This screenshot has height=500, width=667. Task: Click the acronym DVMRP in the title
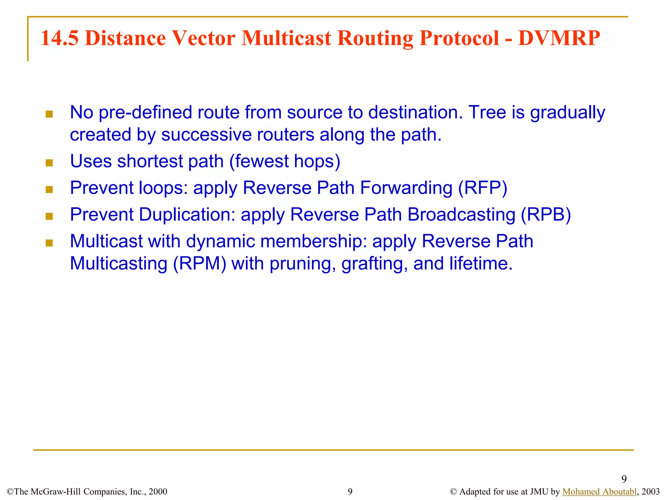tap(559, 38)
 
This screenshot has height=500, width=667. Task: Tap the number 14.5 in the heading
tap(60, 38)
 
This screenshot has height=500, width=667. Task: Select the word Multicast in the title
tap(286, 38)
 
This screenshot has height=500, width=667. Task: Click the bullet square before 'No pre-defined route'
tap(49, 114)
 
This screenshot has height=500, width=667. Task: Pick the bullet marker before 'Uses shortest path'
tap(49, 163)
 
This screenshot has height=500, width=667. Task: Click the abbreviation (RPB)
tap(546, 215)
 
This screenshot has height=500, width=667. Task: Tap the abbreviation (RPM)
tap(200, 263)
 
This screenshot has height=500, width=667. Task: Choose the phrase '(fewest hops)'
tap(285, 161)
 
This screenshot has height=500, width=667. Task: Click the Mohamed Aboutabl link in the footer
tap(599, 492)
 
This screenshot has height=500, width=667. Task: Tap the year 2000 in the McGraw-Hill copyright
tap(158, 492)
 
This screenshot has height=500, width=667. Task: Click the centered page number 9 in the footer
tap(350, 492)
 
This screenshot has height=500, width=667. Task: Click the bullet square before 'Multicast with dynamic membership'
tap(49, 243)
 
